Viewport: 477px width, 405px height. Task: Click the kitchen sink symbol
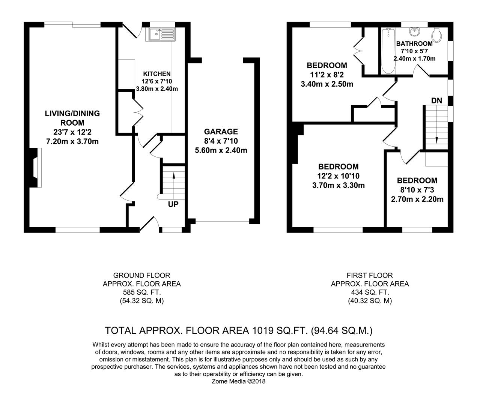[x=162, y=34]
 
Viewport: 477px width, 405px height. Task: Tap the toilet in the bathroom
[x=436, y=35]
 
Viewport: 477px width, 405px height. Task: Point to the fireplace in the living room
[x=35, y=167]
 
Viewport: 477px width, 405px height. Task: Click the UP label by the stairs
[x=173, y=204]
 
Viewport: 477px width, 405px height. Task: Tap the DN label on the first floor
[x=436, y=100]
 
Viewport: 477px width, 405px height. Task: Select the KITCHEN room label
[x=157, y=74]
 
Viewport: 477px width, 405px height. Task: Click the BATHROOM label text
[x=414, y=44]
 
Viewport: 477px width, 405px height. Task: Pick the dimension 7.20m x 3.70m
[x=72, y=141]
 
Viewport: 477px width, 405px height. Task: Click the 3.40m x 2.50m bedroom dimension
[x=327, y=84]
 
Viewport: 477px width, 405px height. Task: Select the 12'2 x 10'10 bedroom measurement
[x=338, y=176]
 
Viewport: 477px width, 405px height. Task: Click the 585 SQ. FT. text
[x=141, y=292]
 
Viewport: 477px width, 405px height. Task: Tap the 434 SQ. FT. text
[x=370, y=292]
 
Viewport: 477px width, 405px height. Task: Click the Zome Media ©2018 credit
[x=238, y=381]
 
